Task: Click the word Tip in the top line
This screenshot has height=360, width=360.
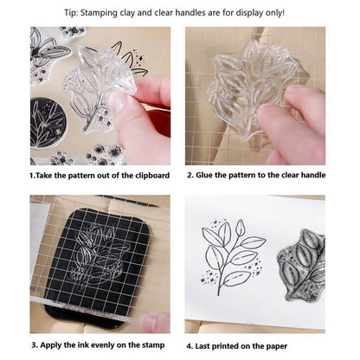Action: [x=70, y=13]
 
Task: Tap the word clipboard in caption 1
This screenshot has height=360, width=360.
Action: [x=152, y=176]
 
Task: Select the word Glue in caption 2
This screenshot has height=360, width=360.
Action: [x=204, y=175]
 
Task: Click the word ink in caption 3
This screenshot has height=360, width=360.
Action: [x=82, y=345]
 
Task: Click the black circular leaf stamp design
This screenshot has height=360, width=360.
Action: [x=48, y=123]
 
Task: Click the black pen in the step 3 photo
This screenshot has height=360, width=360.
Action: [x=132, y=201]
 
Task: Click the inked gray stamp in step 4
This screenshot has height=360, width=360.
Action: [x=301, y=266]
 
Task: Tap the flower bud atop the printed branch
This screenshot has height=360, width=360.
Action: [x=240, y=228]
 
